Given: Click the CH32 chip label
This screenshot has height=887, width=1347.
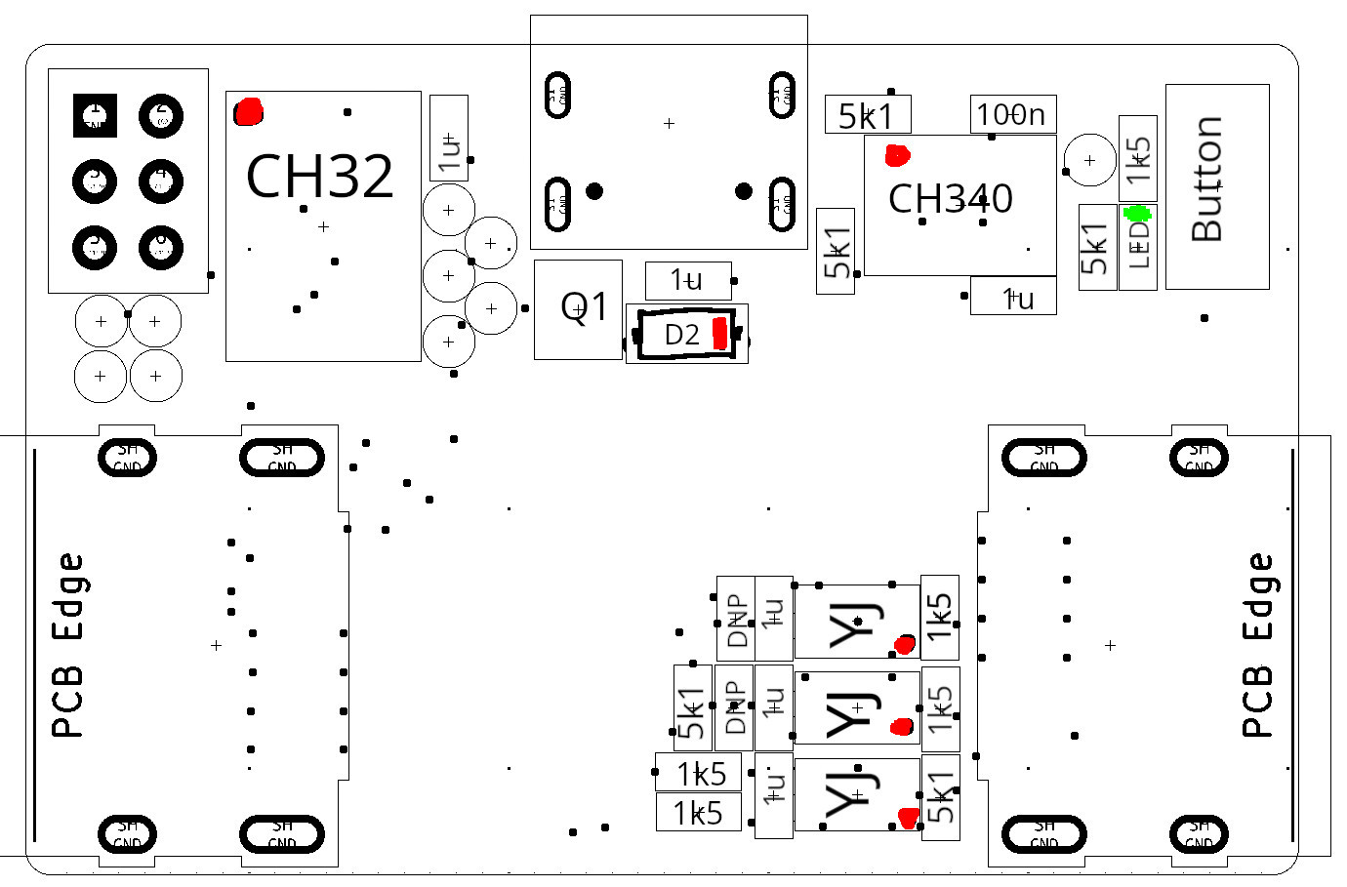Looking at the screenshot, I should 319,177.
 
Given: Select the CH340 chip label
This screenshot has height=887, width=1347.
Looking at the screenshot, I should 950,199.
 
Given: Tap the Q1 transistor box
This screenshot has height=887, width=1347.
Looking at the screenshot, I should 578,308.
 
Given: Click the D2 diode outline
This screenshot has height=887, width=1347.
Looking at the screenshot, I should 686,335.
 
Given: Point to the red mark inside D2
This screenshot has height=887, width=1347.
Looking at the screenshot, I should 720,334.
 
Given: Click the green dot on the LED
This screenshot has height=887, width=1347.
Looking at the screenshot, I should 1137,214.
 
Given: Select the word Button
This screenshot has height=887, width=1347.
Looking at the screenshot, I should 1207,180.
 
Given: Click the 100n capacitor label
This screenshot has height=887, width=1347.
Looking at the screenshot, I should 1011,115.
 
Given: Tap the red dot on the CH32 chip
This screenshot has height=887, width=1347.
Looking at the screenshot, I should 249,112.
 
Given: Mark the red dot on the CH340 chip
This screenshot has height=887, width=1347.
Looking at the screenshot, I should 897,155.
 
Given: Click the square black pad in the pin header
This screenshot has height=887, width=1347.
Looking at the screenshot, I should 96,116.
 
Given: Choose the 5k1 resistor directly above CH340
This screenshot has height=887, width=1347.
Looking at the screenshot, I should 867,116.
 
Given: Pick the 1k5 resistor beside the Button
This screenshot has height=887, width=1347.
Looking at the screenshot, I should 1138,158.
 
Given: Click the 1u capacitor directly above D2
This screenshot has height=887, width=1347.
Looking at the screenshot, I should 687,281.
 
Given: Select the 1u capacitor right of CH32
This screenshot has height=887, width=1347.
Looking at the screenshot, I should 449,139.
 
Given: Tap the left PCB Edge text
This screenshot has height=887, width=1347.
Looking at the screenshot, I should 67,645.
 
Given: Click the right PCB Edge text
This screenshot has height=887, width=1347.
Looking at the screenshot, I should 1258,645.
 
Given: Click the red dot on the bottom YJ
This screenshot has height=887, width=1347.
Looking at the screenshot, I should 909,818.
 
